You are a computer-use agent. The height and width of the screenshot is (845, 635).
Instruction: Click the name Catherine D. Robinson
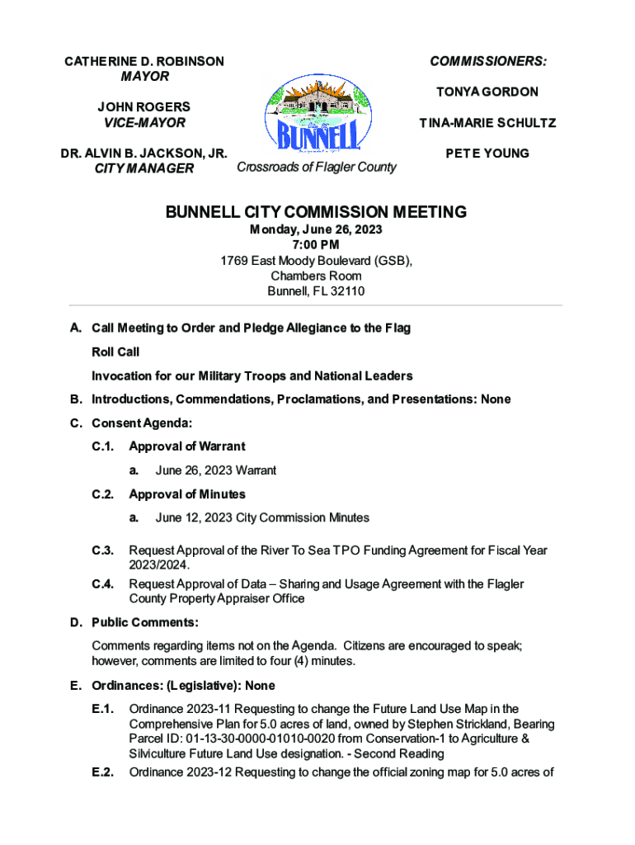click(144, 62)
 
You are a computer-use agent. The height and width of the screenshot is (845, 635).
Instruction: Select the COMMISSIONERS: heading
click(488, 62)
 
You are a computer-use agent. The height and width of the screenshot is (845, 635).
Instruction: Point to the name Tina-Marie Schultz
click(487, 123)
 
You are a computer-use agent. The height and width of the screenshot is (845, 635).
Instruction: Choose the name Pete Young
click(487, 153)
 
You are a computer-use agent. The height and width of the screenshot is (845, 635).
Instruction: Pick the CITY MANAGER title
click(144, 169)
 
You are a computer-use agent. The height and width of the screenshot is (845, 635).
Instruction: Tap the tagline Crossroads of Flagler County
click(316, 168)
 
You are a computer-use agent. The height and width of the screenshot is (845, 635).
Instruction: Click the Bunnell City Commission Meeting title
click(317, 212)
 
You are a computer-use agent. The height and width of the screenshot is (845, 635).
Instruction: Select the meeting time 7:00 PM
click(316, 245)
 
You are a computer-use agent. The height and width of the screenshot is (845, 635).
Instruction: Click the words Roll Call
click(115, 352)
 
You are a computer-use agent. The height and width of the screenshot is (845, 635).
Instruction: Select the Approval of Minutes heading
click(187, 494)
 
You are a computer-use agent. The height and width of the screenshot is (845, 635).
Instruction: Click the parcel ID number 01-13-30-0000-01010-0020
click(241, 739)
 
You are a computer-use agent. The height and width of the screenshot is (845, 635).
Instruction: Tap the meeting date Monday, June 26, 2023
click(316, 229)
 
